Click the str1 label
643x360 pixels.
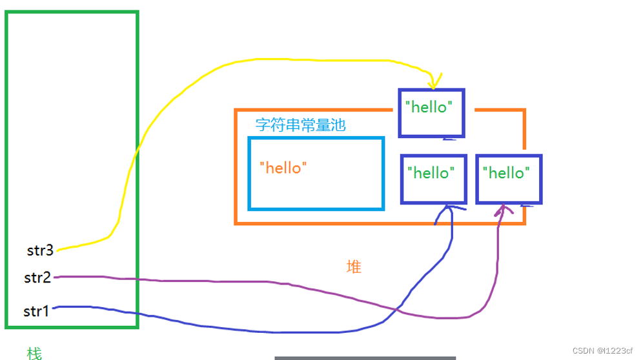tap(36, 312)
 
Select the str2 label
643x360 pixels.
tap(37, 278)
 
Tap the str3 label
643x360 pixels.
tap(39, 249)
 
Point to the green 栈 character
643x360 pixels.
tap(34, 353)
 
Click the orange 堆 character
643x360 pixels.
tap(354, 266)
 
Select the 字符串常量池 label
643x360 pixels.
tap(300, 125)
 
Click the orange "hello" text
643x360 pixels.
tap(283, 168)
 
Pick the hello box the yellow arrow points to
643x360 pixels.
tap(431, 113)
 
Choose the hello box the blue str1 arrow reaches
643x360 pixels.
tap(433, 179)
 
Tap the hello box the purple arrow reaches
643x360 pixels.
tap(508, 179)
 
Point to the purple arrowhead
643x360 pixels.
tap(504, 210)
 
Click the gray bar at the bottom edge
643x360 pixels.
tap(365, 357)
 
